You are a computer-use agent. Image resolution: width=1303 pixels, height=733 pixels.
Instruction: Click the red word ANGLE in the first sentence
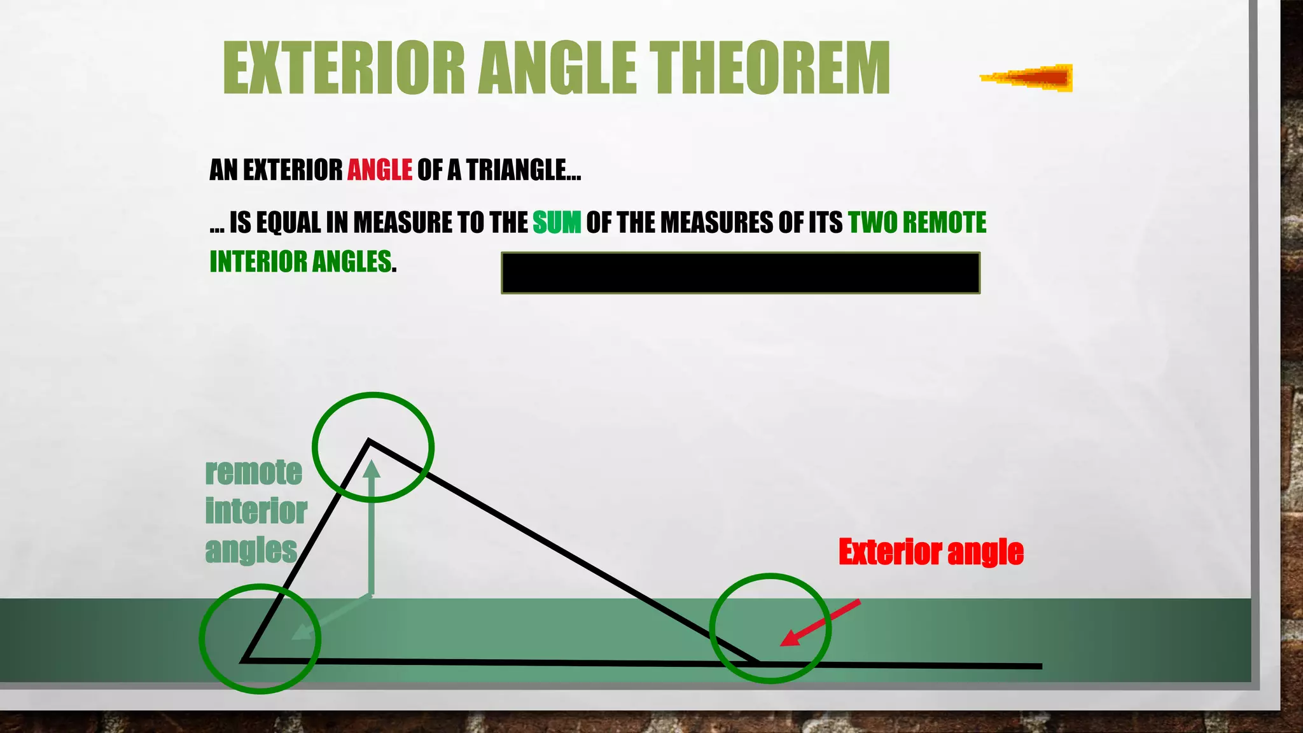tap(380, 170)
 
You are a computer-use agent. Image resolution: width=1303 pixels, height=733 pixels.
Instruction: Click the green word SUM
tap(557, 223)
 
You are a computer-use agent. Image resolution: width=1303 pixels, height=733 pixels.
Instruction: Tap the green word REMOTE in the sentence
tap(944, 223)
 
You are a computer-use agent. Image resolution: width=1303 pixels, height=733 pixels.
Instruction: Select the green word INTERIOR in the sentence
tap(258, 262)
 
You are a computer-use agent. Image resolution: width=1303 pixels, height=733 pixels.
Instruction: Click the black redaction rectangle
tap(740, 273)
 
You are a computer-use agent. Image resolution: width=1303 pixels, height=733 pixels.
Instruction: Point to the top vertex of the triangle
tap(370, 441)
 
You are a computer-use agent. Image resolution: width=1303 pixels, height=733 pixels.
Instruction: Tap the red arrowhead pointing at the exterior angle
tap(790, 638)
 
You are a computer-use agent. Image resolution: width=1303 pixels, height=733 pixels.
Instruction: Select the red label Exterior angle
tap(931, 552)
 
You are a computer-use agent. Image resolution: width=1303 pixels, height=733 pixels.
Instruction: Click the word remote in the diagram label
tap(253, 472)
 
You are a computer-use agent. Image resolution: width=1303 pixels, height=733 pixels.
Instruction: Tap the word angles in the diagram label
tap(251, 550)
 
